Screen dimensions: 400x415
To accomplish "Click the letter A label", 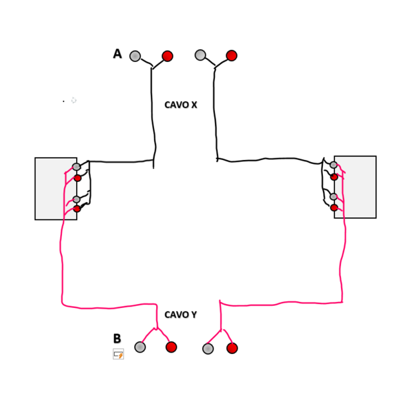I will pyautogui.click(x=117, y=54).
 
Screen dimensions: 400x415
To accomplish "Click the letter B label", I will pyautogui.click(x=117, y=339).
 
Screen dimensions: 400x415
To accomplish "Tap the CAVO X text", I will pyautogui.click(x=181, y=105).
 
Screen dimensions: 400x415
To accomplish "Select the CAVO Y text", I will pyautogui.click(x=180, y=315).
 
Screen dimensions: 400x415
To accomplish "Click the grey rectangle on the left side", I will pyautogui.click(x=52, y=189).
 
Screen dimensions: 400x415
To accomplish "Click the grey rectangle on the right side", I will pyautogui.click(x=358, y=187).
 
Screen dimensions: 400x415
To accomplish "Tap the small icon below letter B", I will pyautogui.click(x=118, y=354).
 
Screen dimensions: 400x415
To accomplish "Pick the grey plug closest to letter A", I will pyautogui.click(x=135, y=56).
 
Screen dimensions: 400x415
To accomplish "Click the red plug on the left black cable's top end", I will pyautogui.click(x=167, y=56).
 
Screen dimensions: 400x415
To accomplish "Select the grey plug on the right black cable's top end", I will pyautogui.click(x=200, y=55).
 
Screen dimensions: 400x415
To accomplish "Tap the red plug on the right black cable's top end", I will pyautogui.click(x=232, y=55).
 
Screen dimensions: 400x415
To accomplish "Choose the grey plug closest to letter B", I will pyautogui.click(x=140, y=347).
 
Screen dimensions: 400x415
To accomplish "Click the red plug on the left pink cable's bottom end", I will pyautogui.click(x=171, y=347).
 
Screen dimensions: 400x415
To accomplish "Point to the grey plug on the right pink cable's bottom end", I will pyautogui.click(x=208, y=349).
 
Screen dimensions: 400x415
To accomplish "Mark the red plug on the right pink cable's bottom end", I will pyautogui.click(x=232, y=348).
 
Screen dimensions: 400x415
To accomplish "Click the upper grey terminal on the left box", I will pyautogui.click(x=77, y=167).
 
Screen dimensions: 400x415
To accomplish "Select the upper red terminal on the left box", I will pyautogui.click(x=77, y=178).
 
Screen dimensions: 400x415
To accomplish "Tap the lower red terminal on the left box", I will pyautogui.click(x=77, y=209).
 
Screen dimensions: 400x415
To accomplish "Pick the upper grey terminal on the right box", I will pyautogui.click(x=334, y=165).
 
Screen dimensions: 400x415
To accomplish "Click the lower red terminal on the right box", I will pyautogui.click(x=334, y=207).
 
